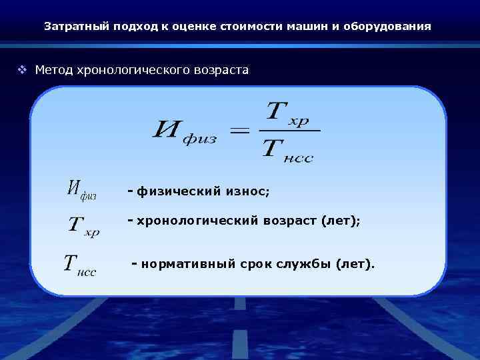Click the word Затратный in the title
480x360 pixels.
click(71, 27)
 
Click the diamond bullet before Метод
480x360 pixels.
click(23, 69)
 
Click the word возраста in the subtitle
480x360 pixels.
click(219, 69)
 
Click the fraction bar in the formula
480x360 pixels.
click(289, 131)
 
